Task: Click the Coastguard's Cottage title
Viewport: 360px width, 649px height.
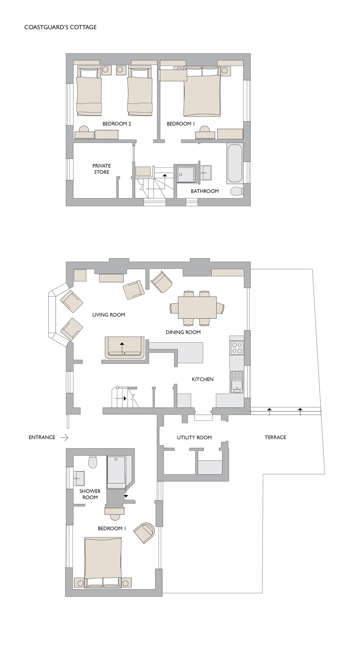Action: [61, 27]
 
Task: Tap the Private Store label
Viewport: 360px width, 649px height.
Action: [102, 169]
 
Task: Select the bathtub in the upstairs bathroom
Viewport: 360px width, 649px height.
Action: [235, 164]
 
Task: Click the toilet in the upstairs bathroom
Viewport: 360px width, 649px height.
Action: [237, 191]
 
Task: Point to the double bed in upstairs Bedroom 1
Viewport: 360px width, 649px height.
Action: [202, 92]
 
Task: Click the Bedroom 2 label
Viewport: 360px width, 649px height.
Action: [117, 124]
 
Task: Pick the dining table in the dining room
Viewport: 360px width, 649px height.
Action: [197, 307]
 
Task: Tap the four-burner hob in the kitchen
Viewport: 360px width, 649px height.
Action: [237, 348]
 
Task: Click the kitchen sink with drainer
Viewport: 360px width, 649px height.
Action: [237, 382]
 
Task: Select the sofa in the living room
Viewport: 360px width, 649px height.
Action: [125, 347]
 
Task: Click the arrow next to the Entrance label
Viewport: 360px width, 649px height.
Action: [64, 437]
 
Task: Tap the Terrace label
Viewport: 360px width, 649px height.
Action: [275, 437]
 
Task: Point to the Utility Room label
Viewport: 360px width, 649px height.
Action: [194, 437]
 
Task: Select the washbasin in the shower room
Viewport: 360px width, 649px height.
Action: [79, 478]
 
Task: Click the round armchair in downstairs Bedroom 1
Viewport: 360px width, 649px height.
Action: [144, 533]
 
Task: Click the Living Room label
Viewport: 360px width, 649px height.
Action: [108, 315]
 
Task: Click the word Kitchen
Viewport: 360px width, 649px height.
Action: [203, 379]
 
